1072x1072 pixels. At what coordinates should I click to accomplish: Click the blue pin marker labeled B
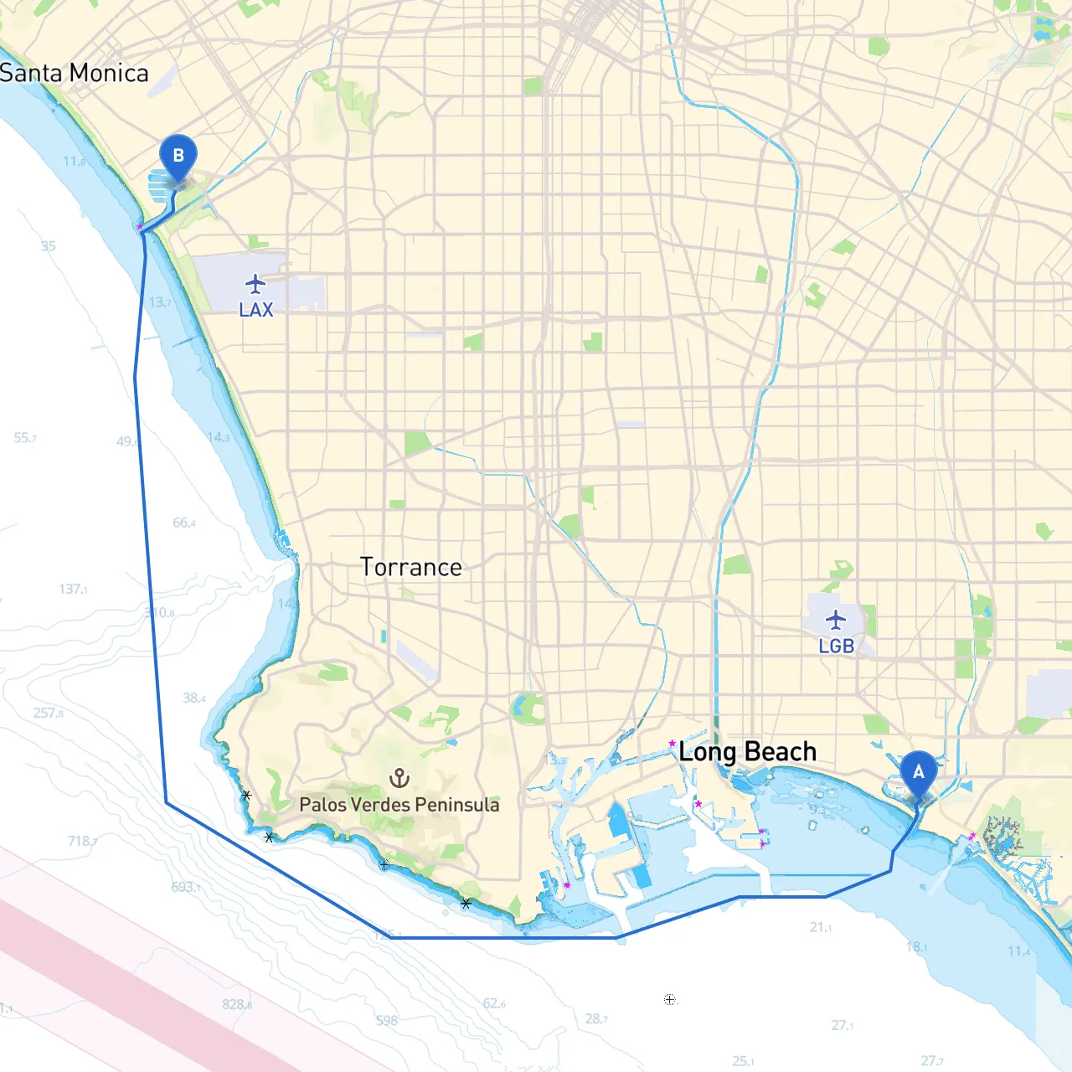click(x=178, y=157)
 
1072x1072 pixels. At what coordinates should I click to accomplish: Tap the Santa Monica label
click(x=74, y=73)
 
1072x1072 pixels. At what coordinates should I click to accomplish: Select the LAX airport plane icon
click(x=255, y=284)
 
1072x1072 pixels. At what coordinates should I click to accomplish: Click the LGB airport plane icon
click(x=835, y=621)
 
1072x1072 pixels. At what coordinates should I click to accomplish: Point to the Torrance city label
click(x=410, y=567)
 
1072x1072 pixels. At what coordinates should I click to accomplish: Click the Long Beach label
click(x=747, y=751)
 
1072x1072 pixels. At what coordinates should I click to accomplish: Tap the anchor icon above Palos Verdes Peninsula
click(x=399, y=778)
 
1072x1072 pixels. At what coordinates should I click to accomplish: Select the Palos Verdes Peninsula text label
click(x=399, y=804)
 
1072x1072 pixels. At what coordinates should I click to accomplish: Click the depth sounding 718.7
click(x=82, y=841)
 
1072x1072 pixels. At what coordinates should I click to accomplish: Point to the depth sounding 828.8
click(x=236, y=1004)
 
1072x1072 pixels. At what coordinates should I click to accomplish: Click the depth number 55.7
click(x=24, y=437)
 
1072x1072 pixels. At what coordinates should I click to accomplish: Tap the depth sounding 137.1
click(x=73, y=589)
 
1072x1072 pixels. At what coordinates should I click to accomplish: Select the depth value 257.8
click(x=48, y=713)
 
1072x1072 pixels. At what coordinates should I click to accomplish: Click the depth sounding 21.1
click(x=820, y=927)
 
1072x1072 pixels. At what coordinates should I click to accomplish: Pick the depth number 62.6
click(x=493, y=1003)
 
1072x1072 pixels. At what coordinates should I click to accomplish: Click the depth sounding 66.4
click(x=183, y=523)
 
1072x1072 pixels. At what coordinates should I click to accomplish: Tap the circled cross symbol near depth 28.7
click(x=669, y=999)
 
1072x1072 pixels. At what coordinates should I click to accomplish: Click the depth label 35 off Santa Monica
click(x=48, y=245)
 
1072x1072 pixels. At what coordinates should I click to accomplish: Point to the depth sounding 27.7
click(x=931, y=1060)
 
